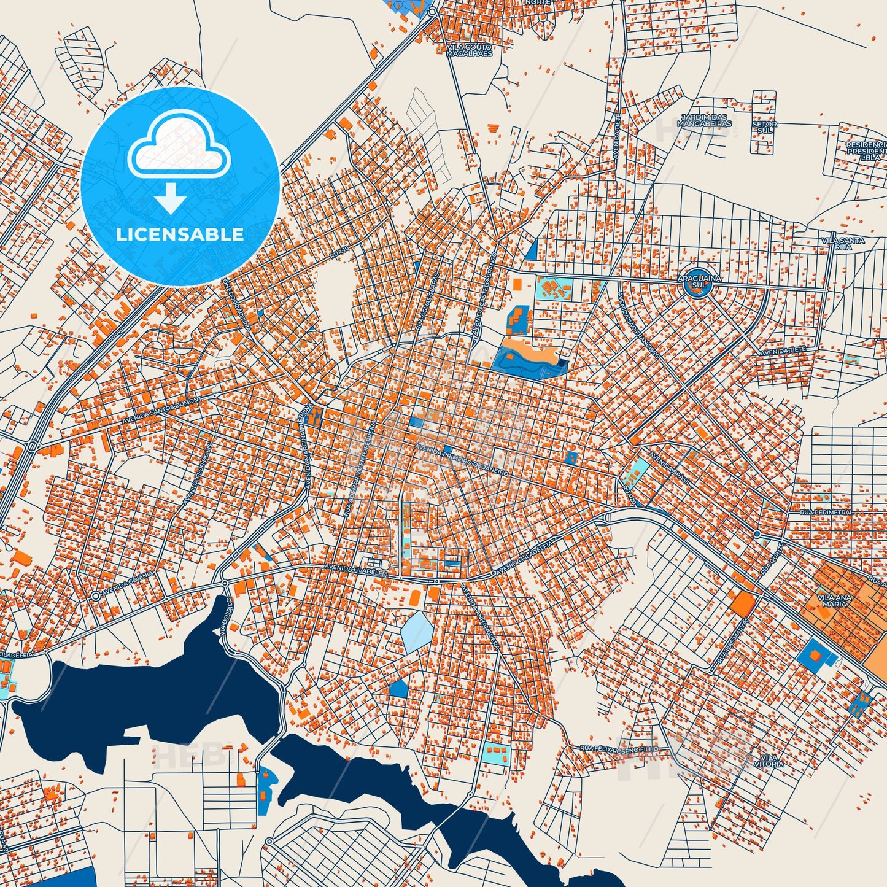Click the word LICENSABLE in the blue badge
click(x=180, y=234)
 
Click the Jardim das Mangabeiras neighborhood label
click(x=704, y=120)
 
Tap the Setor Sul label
click(x=764, y=127)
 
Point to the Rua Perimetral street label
click(x=826, y=512)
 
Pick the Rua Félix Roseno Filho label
click(x=619, y=749)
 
